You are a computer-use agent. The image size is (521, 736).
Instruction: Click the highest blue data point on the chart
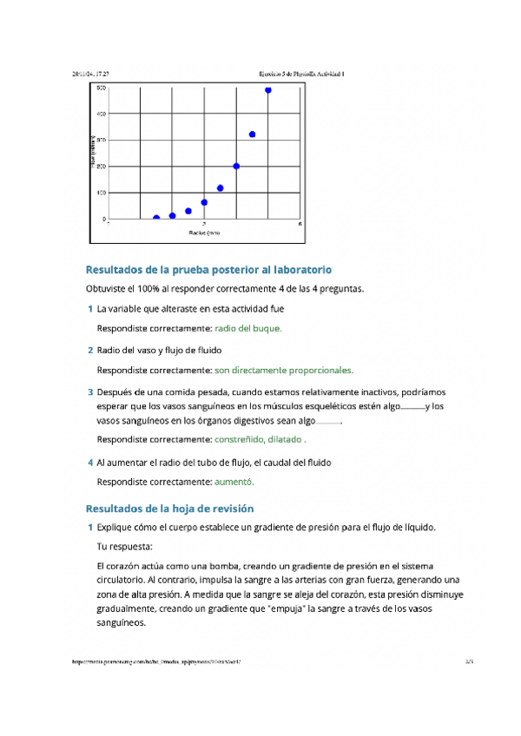tap(268, 89)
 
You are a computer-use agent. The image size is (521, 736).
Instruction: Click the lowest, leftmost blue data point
tap(156, 219)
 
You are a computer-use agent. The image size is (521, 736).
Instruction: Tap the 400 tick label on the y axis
tap(102, 114)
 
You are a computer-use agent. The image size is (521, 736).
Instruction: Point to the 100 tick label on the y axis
tap(102, 193)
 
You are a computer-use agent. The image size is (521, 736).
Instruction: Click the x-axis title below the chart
tap(204, 233)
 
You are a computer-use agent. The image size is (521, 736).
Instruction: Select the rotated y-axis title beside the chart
tap(91, 151)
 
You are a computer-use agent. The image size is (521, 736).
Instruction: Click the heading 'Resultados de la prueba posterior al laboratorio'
tap(208, 270)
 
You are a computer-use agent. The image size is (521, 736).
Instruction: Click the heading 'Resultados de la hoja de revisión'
tap(169, 508)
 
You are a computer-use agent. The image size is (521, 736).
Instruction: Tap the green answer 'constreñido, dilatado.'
tap(260, 439)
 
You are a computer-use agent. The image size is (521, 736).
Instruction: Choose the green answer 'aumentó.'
tap(234, 481)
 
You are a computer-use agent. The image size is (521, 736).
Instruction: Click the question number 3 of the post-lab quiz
tap(90, 392)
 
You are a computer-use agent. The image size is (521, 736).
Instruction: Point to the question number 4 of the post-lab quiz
tap(90, 463)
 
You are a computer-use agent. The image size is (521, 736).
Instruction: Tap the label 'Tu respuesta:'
tap(125, 547)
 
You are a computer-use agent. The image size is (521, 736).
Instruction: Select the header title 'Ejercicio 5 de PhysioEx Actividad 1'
tap(302, 75)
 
